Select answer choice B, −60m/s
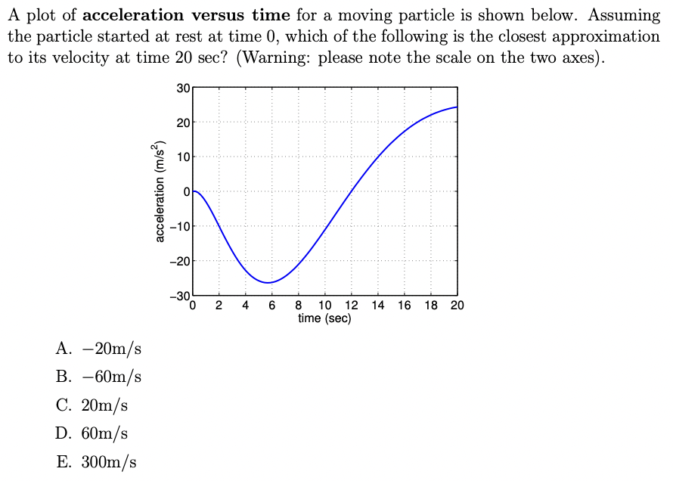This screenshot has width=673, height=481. coord(99,377)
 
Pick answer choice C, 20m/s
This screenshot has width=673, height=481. coord(92,405)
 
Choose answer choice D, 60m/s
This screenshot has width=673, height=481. coord(92,433)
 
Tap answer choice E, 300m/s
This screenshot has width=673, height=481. coord(96,462)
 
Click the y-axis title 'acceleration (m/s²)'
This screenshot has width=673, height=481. coord(160,191)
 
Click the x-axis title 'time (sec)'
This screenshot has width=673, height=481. coord(324,318)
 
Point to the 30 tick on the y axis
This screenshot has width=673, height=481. coord(183,88)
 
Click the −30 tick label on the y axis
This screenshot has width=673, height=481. coord(181,296)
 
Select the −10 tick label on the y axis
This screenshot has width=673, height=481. coord(181,226)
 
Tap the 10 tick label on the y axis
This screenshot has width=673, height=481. coord(183,157)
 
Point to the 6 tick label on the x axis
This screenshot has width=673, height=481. coord(272,306)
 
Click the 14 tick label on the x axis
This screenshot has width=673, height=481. coord(378,306)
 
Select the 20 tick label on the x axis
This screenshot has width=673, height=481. coord(457,306)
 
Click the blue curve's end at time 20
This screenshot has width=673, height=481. coord(457,107)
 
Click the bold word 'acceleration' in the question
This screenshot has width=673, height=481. coord(132,15)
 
